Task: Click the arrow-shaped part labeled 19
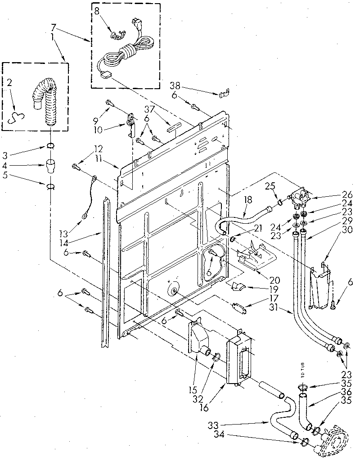tap(237, 286)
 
